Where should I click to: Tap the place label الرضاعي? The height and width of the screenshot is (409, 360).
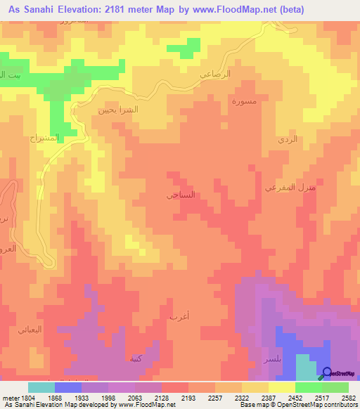235,73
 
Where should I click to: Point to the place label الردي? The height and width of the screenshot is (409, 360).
288,139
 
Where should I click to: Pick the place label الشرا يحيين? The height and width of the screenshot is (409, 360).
117,110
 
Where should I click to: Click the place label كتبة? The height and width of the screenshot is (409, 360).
136,358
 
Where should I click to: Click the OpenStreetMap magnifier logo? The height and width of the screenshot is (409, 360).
327,372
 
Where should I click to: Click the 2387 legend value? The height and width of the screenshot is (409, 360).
258,397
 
